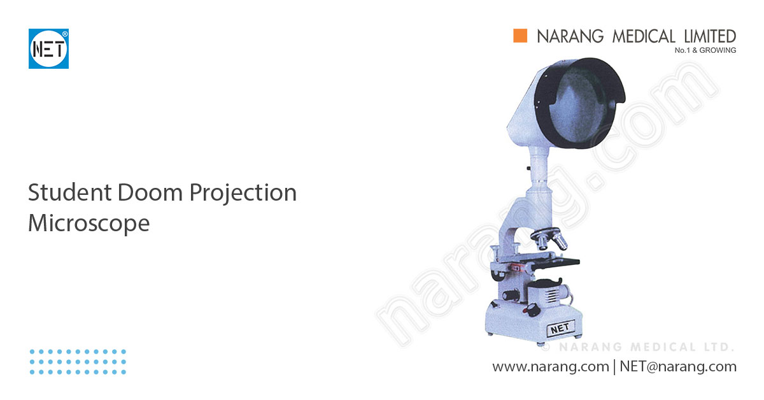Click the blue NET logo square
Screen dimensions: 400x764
48,48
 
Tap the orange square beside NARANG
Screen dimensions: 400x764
521,36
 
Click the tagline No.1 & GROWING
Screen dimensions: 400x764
705,50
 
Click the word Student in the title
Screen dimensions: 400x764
67,192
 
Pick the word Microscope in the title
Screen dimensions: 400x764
88,224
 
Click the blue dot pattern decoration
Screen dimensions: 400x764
78,361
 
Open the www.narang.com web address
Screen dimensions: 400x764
550,367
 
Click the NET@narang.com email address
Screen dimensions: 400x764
677,367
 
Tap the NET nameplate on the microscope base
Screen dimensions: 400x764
560,328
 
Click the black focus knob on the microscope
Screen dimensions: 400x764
510,296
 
